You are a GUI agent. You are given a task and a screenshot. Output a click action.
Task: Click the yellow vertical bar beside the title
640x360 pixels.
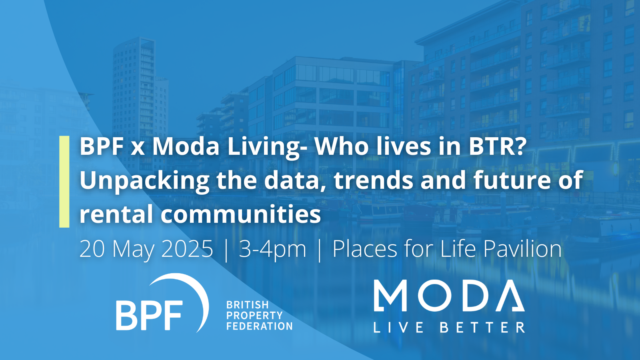64,182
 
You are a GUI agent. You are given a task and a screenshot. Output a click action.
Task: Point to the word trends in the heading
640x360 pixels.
373,180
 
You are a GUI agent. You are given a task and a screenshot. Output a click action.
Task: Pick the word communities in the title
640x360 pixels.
240,214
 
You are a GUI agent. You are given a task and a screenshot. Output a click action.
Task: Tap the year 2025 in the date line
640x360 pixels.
187,248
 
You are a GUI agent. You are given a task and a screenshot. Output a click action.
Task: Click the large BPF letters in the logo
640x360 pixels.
150,315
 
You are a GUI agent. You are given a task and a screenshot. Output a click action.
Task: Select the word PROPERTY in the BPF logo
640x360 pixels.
254,316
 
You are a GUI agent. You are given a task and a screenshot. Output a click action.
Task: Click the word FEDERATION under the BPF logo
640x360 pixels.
260,326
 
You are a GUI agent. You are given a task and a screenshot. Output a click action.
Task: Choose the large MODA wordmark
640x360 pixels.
449,296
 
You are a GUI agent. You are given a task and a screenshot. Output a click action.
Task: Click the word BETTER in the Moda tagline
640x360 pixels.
482,328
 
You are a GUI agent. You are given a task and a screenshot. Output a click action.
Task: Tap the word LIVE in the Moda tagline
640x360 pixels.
398,328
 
